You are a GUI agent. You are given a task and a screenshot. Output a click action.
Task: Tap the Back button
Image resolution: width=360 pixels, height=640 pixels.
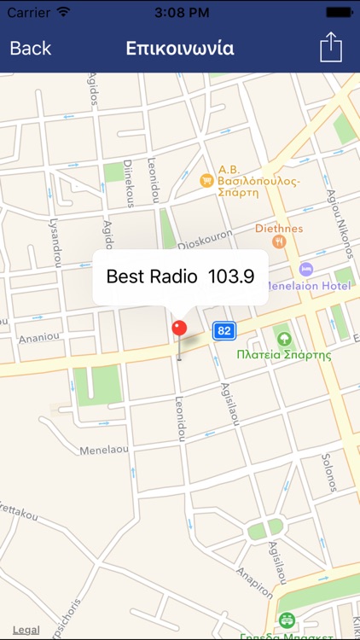point(31,48)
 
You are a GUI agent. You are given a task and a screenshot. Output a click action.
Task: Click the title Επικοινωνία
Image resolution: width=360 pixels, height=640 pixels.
point(180,48)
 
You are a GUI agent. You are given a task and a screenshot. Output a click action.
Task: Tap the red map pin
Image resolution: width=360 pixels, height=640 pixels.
point(179,329)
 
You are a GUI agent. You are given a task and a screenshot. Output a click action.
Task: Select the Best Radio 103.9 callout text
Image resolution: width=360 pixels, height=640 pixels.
point(180,276)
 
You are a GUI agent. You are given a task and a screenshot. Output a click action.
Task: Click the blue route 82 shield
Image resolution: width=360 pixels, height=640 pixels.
point(224,330)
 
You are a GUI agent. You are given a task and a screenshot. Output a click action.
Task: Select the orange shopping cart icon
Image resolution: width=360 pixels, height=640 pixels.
point(206,181)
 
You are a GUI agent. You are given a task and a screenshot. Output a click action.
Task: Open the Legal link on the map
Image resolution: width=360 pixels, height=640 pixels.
point(26,630)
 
